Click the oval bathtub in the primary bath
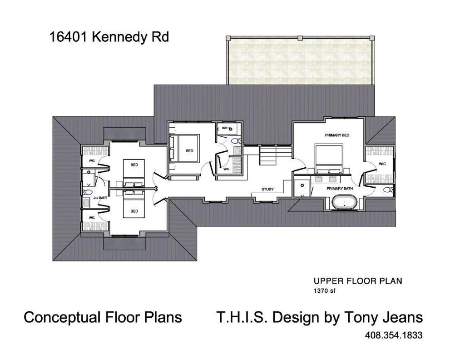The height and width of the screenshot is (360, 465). coord(344,202)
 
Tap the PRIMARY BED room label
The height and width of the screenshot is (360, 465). coord(337,135)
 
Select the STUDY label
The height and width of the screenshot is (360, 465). coord(267,189)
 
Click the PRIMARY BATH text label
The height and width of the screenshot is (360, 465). coord(340,188)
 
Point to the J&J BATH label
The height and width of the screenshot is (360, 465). coord(99,198)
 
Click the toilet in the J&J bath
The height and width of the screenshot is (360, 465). coord(87,192)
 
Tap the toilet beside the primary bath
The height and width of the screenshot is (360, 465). coord(388,190)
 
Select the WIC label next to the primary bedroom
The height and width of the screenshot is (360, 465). coord(382,164)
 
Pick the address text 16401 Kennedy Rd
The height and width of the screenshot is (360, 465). coord(109,37)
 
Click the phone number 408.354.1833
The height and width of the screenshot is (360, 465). coord(394,335)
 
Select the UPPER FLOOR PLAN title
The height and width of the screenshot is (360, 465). coord(357,281)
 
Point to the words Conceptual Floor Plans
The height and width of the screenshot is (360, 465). coord(103,317)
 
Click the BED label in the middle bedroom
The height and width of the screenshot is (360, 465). coord(189,151)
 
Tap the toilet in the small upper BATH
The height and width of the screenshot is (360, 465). coord(235,141)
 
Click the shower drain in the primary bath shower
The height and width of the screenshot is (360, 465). coord(302,186)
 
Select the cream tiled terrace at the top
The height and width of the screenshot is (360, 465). coord(300,60)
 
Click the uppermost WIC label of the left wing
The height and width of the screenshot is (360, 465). coord(92,160)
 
